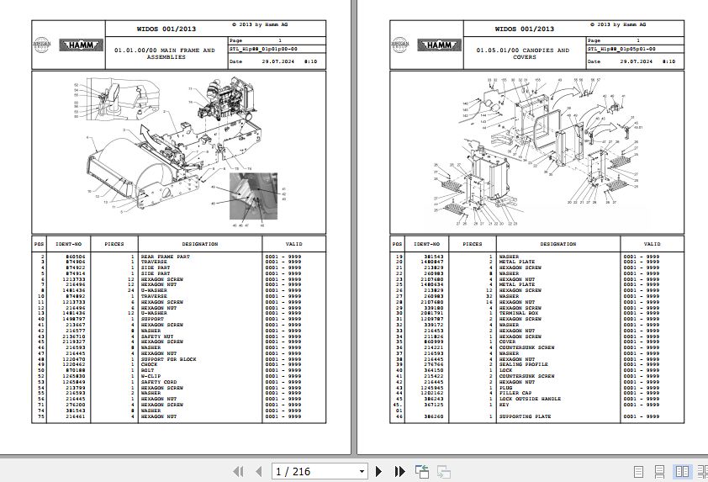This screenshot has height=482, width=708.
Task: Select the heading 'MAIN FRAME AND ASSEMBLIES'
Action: [x=164, y=54]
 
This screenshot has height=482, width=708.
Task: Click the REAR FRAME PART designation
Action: [x=165, y=256]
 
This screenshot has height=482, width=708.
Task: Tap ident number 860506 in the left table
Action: [x=63, y=256]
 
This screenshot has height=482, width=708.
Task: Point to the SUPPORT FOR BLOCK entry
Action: [x=168, y=359]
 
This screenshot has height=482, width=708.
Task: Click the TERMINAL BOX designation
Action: [x=518, y=314]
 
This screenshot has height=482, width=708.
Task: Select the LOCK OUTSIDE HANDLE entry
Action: [x=529, y=400]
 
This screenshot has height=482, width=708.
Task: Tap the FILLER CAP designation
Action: [x=515, y=394]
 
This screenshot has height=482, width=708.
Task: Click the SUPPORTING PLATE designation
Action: [x=526, y=416]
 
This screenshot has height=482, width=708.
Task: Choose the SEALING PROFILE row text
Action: [x=521, y=364]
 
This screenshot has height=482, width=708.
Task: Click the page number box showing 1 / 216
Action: [x=320, y=471]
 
